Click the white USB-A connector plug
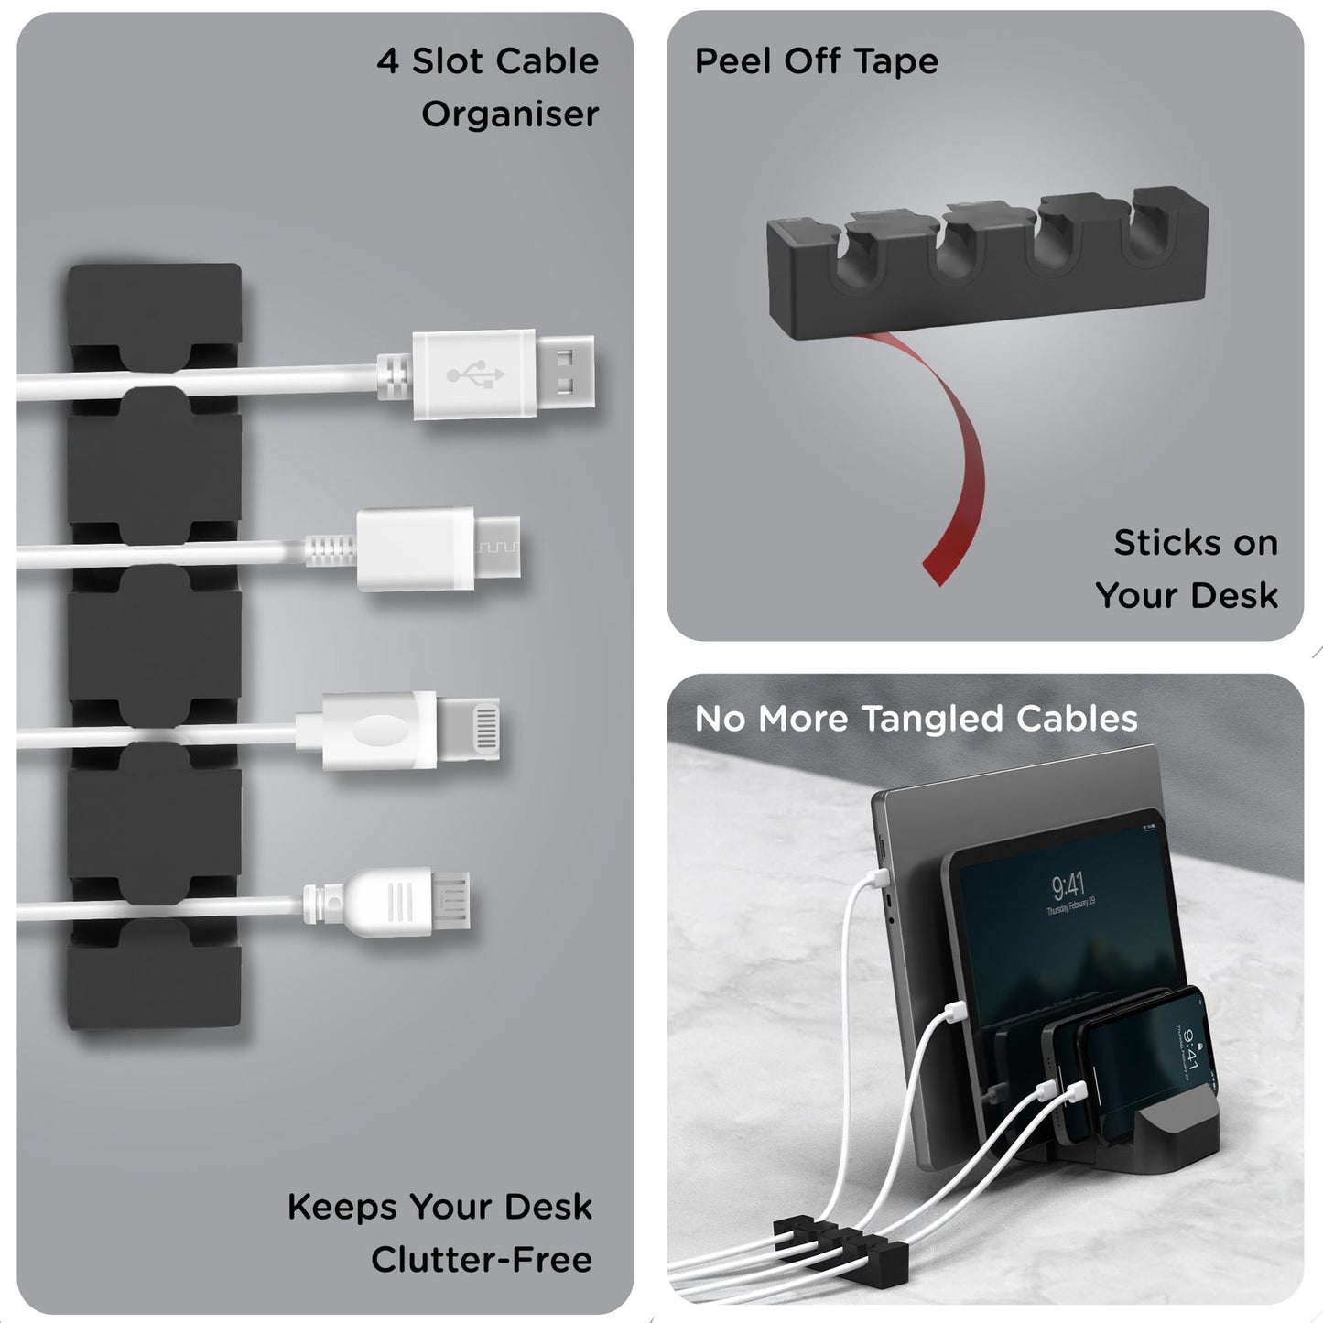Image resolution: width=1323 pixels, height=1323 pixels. pyautogui.click(x=502, y=374)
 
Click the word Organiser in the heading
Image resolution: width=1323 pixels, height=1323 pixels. pyautogui.click(x=509, y=114)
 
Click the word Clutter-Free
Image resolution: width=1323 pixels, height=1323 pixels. pyautogui.click(x=481, y=1260)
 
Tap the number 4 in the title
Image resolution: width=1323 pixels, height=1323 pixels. pyautogui.click(x=387, y=61)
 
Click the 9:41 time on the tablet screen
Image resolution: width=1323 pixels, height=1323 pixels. pyautogui.click(x=1068, y=885)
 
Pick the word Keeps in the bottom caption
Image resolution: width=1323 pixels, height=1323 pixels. pyautogui.click(x=342, y=1208)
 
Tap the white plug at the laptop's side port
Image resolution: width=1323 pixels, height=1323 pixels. pyautogui.click(x=873, y=881)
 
